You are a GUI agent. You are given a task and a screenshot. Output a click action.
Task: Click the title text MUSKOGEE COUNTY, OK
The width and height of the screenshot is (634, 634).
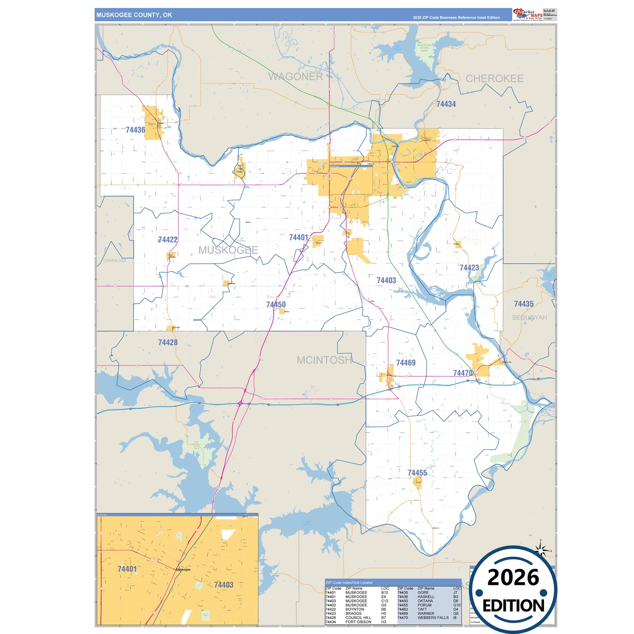pyautogui.click(x=134, y=15)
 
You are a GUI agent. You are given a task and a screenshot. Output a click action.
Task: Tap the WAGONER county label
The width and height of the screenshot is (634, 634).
pyautogui.click(x=295, y=77)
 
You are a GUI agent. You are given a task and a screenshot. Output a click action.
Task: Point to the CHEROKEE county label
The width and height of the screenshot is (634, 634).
pyautogui.click(x=494, y=79)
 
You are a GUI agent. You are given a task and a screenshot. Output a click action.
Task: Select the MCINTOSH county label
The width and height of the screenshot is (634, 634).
pyautogui.click(x=324, y=360)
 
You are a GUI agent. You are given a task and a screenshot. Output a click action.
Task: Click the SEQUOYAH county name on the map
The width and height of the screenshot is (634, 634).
pyautogui.click(x=529, y=318)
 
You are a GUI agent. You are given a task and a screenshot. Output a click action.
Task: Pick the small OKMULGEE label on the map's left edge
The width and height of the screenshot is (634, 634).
pyautogui.click(x=115, y=261)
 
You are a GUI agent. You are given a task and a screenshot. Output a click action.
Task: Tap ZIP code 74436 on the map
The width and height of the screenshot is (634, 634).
pyautogui.click(x=135, y=130)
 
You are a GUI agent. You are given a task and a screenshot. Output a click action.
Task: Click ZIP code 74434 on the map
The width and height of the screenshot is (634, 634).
pyautogui.click(x=446, y=104)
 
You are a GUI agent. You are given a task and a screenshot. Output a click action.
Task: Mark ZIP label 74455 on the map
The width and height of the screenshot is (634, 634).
pyautogui.click(x=417, y=473)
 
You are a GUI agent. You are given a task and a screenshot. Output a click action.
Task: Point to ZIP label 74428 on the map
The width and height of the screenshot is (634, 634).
pyautogui.click(x=168, y=342)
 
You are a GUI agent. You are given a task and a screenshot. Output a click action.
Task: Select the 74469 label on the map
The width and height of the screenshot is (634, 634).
pyautogui.click(x=405, y=363)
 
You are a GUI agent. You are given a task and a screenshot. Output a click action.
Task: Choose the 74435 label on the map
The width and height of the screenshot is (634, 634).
pyautogui.click(x=523, y=304)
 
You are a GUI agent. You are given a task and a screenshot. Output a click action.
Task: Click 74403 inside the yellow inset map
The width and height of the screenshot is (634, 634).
pyautogui.click(x=223, y=585)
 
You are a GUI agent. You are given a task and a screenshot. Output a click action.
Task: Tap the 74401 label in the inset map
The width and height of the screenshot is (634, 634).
pyautogui.click(x=127, y=569)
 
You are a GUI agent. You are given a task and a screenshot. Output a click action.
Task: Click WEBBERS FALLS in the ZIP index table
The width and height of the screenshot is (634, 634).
pyautogui.click(x=433, y=618)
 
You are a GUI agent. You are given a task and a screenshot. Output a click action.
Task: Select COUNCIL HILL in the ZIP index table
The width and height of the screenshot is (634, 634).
pyautogui.click(x=358, y=618)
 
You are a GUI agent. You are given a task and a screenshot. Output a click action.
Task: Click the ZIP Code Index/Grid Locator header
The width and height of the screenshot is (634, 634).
pyautogui.click(x=349, y=583)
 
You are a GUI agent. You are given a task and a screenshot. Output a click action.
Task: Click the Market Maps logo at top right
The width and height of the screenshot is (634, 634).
pyautogui.click(x=527, y=14)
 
